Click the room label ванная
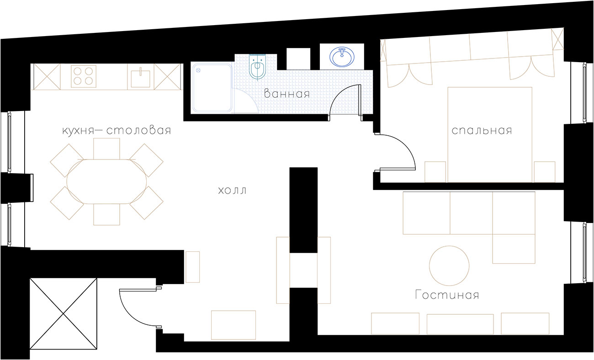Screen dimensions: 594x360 pyautogui.click(x=287, y=94)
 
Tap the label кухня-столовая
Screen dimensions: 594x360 pyautogui.click(x=117, y=130)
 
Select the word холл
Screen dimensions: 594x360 pyautogui.click(x=232, y=191)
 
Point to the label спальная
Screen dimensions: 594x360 pyautogui.click(x=482, y=130)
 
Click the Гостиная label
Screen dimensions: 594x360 pyautogui.click(x=447, y=295)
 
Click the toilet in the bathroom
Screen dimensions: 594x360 pyautogui.click(x=257, y=66)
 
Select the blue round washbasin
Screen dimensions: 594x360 pyautogui.click(x=342, y=57)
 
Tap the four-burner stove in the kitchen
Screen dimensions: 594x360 pyautogui.click(x=84, y=76)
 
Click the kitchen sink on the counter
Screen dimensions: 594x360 pyautogui.click(x=141, y=78)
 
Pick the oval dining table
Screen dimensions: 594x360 pyautogui.click(x=106, y=181)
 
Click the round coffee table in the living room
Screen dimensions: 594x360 pyautogui.click(x=449, y=265)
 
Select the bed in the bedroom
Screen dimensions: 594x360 pyautogui.click(x=490, y=135)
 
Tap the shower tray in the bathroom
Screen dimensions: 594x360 pyautogui.click(x=212, y=87)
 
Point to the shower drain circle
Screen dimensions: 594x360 pyautogui.click(x=197, y=70)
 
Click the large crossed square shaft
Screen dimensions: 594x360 pyautogui.click(x=64, y=314)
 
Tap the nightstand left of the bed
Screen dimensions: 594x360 pyautogui.click(x=435, y=172)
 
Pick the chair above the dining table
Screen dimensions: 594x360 pyautogui.click(x=106, y=149)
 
